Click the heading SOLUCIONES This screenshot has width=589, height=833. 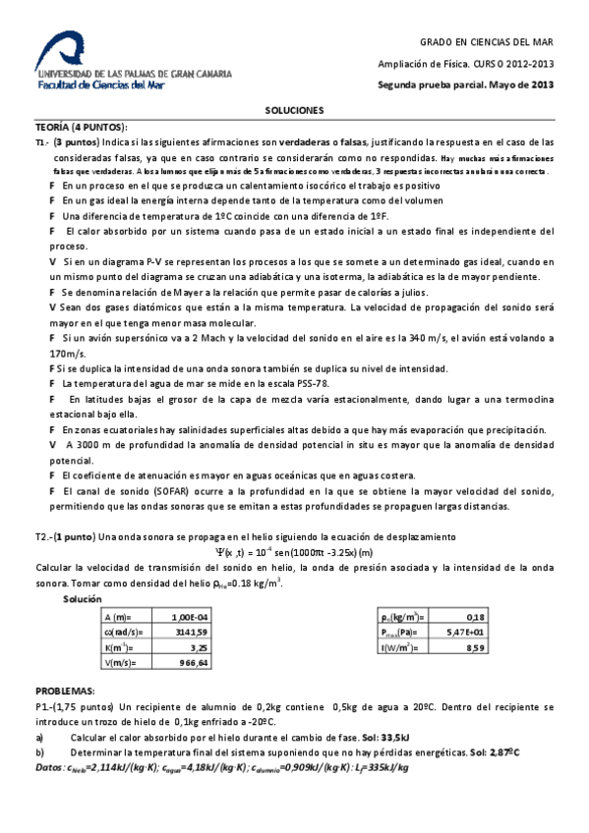(294, 110)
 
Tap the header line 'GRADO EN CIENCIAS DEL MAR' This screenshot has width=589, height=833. (489, 42)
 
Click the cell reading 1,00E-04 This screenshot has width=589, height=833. (188, 616)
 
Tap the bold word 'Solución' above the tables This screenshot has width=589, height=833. (82, 598)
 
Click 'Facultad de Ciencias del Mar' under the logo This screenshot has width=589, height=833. (100, 85)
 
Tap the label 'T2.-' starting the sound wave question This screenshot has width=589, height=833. (43, 537)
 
